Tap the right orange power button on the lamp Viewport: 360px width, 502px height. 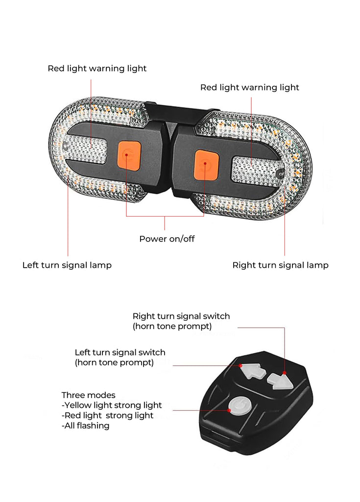(206, 165)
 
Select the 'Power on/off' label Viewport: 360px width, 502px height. (167, 239)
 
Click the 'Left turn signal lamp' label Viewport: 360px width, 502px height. (67, 265)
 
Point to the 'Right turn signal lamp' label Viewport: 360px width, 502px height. (280, 265)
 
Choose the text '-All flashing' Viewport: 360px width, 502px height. (86, 426)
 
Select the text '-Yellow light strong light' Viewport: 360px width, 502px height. (112, 405)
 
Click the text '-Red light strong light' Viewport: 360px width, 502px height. (108, 415)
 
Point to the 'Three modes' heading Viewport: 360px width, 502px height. (88, 395)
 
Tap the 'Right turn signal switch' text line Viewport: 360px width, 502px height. (181, 316)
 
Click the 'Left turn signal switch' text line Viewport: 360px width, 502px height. (120, 352)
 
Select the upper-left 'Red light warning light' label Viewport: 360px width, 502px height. (97, 69)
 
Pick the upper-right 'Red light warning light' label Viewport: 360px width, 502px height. (250, 88)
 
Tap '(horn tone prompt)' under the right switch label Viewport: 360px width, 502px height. (172, 326)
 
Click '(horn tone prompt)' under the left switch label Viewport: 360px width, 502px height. (114, 363)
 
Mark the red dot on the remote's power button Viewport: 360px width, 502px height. (229, 410)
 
